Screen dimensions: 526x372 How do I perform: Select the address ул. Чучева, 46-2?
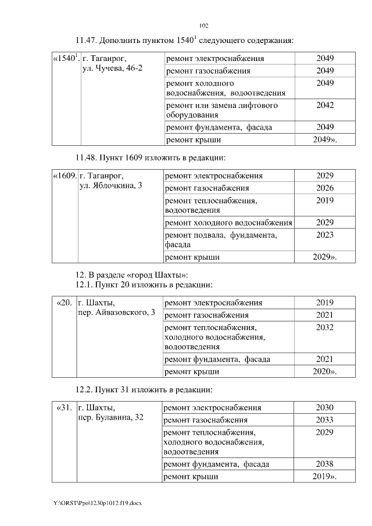tap(113, 69)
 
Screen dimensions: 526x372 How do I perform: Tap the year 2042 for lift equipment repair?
tap(325, 105)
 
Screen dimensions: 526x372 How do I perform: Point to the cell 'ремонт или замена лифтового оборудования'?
tap(222, 110)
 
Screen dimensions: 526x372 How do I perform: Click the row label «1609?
tap(64, 175)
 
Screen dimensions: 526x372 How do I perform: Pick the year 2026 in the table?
tap(325, 188)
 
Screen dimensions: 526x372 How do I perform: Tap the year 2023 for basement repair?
tap(325, 235)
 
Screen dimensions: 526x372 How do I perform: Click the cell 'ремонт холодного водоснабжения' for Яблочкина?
tap(228, 223)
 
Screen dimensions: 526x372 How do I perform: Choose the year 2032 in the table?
tap(325, 327)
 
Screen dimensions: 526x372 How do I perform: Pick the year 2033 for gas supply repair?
tap(325, 420)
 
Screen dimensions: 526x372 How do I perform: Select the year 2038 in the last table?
tap(325, 464)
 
